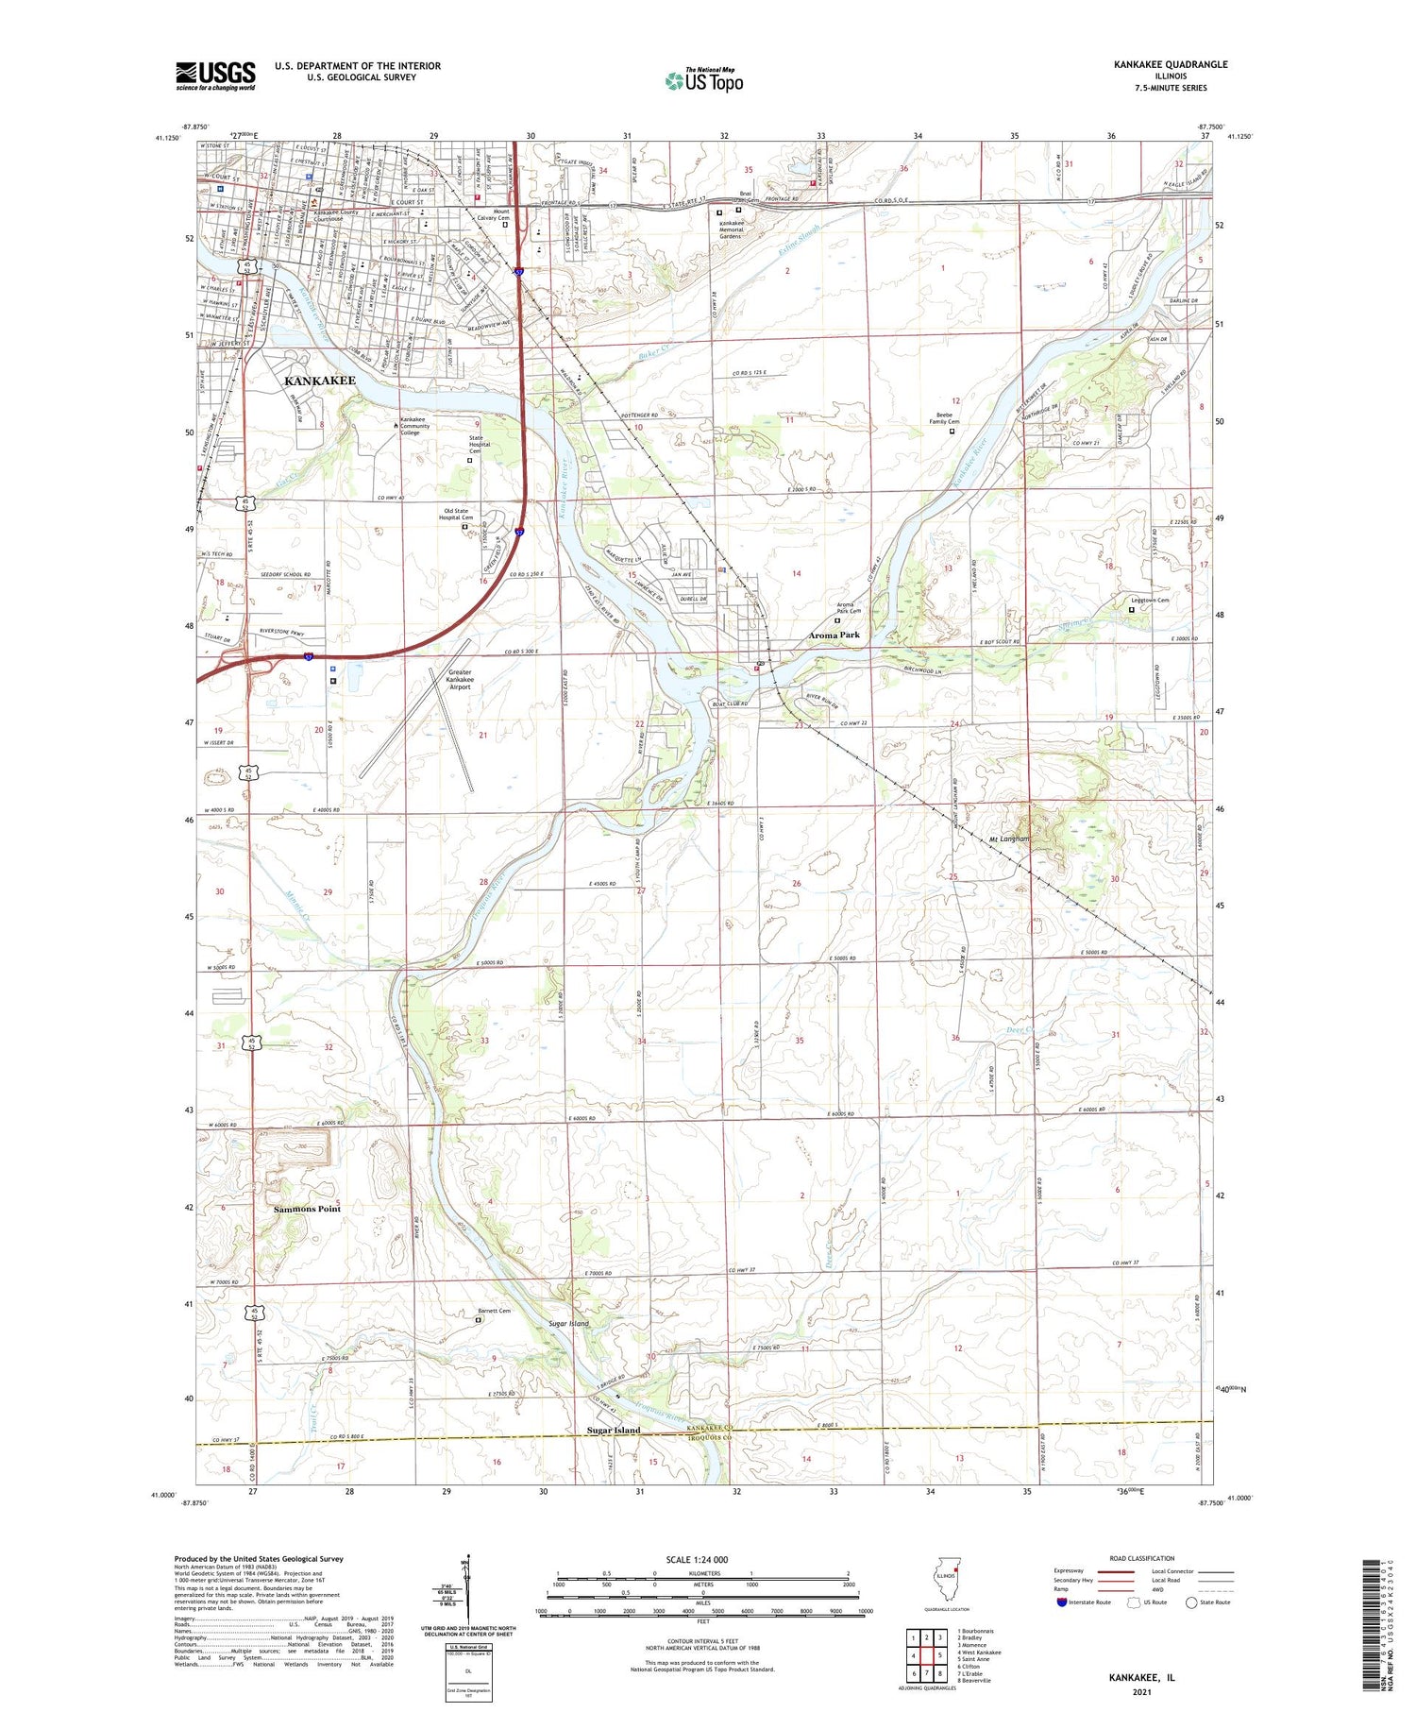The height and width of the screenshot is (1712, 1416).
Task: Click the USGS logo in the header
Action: click(x=215, y=76)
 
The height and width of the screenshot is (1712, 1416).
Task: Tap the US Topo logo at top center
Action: click(x=703, y=80)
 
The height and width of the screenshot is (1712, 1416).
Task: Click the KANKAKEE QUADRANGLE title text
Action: click(x=1170, y=64)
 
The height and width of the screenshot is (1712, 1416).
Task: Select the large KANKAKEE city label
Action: click(x=320, y=381)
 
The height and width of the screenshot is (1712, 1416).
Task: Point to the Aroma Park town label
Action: click(x=834, y=636)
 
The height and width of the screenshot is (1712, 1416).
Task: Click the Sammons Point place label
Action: click(x=307, y=1209)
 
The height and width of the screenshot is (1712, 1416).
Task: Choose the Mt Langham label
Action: click(x=1009, y=839)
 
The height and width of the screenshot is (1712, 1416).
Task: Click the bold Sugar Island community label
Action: click(x=614, y=1430)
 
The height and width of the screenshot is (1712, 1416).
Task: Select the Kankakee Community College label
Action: click(x=415, y=426)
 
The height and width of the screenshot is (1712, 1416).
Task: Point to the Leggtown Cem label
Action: click(x=1150, y=601)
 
